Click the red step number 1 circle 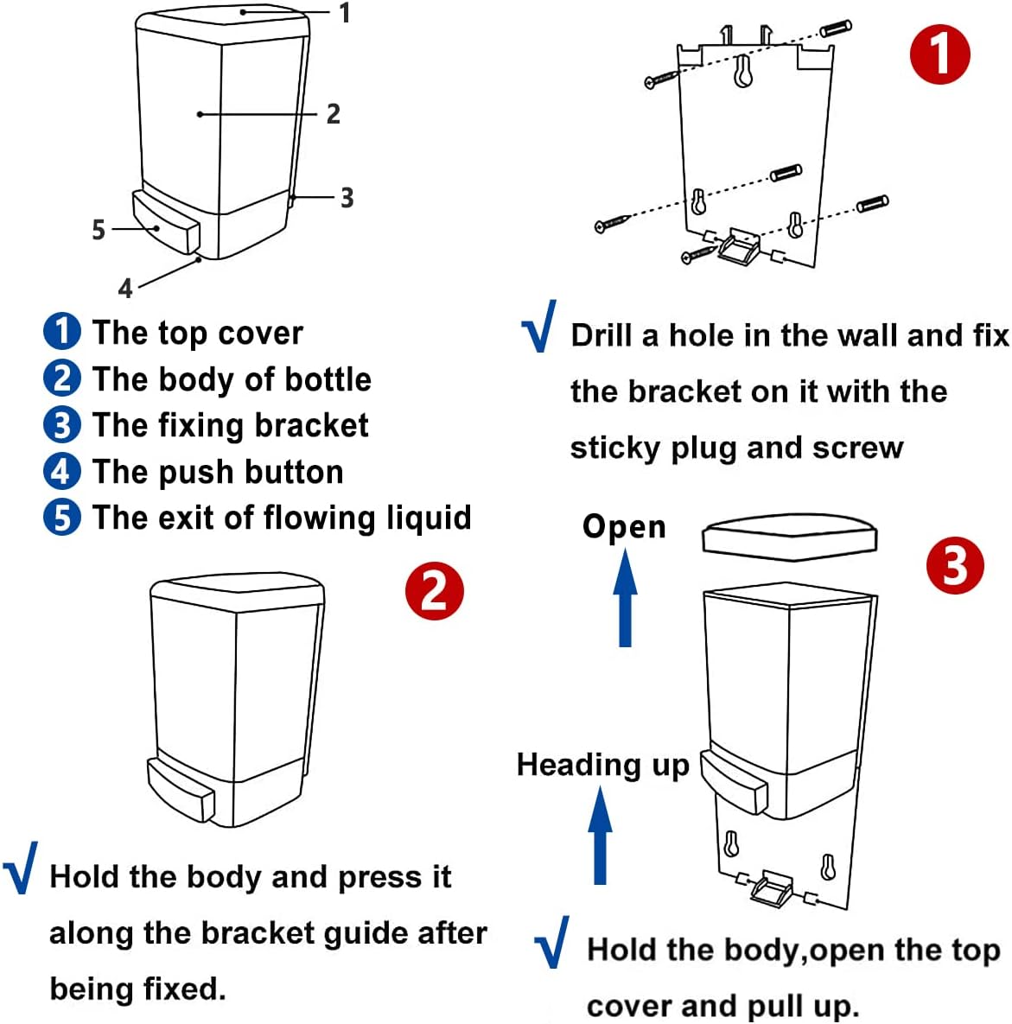940,54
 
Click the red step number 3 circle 955,566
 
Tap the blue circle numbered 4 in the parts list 61,472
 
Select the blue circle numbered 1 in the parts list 61,332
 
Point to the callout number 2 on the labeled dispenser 333,114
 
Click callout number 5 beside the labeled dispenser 99,230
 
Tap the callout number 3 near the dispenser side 347,198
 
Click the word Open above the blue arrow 624,526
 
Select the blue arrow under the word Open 625,598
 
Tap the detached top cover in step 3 789,537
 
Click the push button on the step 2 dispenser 181,789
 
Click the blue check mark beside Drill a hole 539,327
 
